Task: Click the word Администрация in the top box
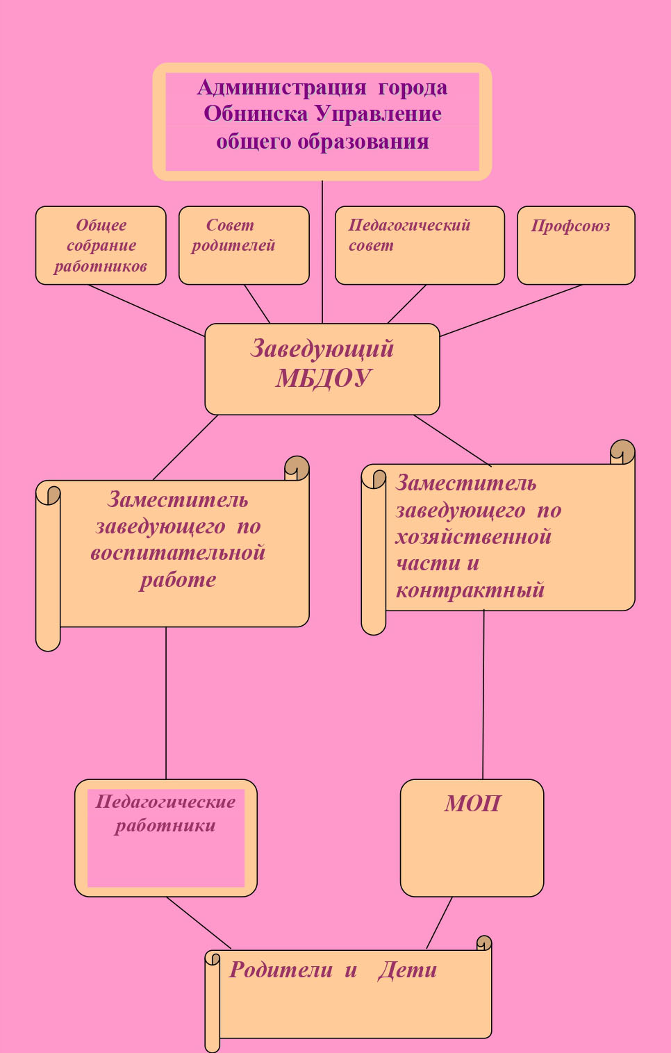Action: click(x=281, y=88)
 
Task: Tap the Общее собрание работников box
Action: click(x=101, y=245)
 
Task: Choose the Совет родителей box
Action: click(x=244, y=245)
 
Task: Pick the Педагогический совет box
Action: click(x=420, y=245)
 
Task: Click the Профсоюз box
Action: click(x=576, y=245)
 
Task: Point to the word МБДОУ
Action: click(x=323, y=377)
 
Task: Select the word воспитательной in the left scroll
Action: click(x=178, y=553)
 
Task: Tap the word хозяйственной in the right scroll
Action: click(x=473, y=537)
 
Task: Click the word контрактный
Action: click(x=470, y=590)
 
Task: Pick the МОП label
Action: click(x=472, y=804)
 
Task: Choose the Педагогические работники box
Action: click(x=166, y=838)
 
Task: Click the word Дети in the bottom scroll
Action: click(x=407, y=970)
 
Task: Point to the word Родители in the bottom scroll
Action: click(x=281, y=970)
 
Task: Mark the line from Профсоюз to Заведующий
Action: click(x=511, y=310)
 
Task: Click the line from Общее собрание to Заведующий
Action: click(x=147, y=310)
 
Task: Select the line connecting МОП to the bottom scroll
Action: click(x=439, y=922)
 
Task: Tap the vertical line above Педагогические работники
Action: click(x=166, y=703)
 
